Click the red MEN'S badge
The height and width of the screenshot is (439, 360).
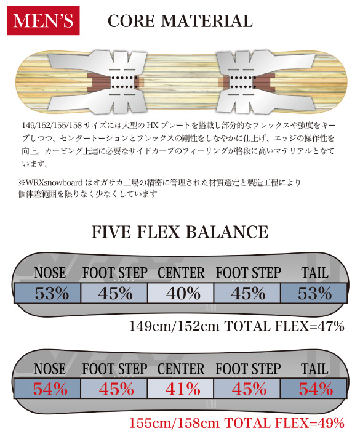tap(43, 21)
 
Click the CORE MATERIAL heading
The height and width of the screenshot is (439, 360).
tap(180, 21)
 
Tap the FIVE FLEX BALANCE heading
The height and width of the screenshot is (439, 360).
tap(180, 232)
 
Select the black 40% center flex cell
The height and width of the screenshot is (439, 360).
tap(181, 293)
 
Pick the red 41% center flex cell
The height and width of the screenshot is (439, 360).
tap(181, 389)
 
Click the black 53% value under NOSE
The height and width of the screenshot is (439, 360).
tap(52, 293)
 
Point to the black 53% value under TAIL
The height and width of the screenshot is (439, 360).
tap(314, 293)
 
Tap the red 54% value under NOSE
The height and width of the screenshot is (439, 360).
tap(50, 389)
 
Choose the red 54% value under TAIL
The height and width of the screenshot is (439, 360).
tap(316, 389)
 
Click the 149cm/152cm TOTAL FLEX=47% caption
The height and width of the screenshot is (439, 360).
tap(237, 326)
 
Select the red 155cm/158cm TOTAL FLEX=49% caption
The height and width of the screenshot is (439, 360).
tap(237, 423)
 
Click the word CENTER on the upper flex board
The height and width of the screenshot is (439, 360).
tap(181, 273)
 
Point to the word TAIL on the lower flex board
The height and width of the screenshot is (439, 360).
tap(314, 369)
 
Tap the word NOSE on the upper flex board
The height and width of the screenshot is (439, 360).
tap(50, 273)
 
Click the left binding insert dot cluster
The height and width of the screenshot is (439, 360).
tap(125, 83)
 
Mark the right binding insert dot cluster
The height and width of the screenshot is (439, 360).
tap(242, 83)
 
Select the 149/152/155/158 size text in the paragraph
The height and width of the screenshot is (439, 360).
tap(52, 125)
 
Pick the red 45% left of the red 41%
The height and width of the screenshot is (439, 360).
tap(116, 389)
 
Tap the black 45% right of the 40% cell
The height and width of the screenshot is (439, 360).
tap(249, 293)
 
